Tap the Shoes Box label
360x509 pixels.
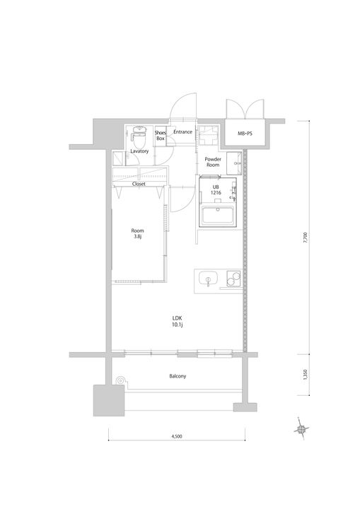tap(161, 135)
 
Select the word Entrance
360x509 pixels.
tap(183, 132)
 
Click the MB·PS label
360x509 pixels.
tap(245, 134)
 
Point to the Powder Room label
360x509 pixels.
tap(213, 162)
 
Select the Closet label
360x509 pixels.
tap(139, 184)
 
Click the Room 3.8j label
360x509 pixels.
tap(137, 234)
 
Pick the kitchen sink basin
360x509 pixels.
tap(207, 280)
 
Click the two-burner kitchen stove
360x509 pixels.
tap(232, 280)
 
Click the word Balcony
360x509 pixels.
tap(177, 376)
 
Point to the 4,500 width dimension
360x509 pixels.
tap(177, 437)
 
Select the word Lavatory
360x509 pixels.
tap(139, 151)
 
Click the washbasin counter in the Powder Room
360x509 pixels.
tap(236, 162)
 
